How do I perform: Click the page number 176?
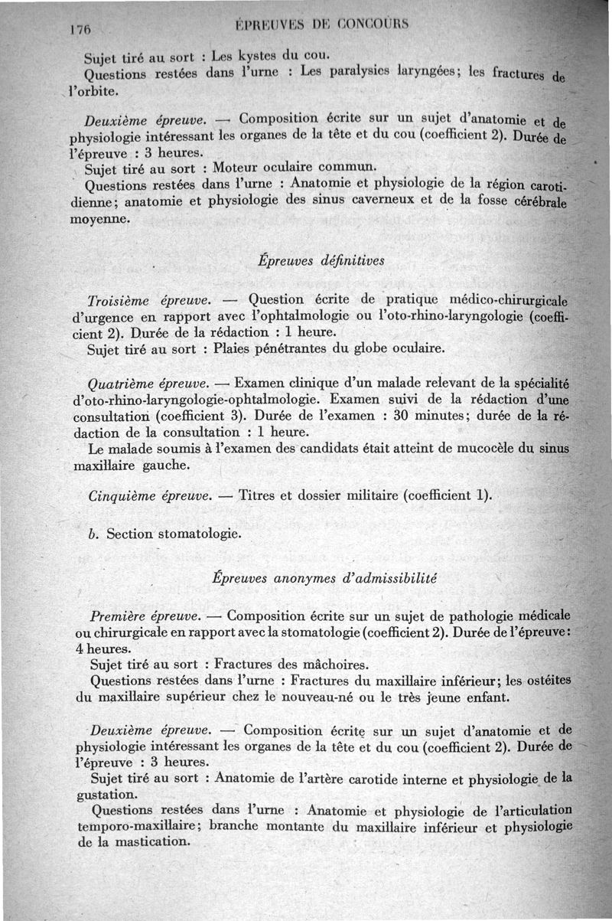coord(80,30)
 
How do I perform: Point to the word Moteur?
coord(237,168)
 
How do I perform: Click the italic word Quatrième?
coord(123,382)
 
